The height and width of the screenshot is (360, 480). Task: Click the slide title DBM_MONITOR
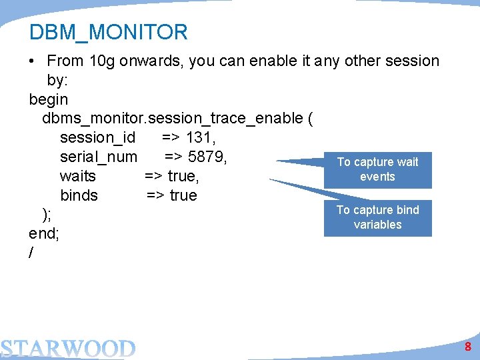109,32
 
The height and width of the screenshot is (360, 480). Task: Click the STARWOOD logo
67,348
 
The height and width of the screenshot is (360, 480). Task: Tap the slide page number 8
468,347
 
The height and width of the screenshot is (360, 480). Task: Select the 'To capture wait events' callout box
377,169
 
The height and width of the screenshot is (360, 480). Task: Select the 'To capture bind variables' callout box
377,217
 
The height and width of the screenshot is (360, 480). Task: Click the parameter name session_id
97,137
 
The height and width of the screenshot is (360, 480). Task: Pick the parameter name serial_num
99,157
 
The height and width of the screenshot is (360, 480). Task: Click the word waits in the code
78,176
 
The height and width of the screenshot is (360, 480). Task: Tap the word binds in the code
79,195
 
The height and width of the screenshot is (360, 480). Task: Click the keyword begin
49,99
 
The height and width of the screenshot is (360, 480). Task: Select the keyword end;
45,233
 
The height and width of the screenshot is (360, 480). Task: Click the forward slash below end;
32,253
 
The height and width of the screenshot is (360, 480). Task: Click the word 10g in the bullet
102,61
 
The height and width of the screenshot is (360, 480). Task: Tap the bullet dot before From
32,61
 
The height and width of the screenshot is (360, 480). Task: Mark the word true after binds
183,195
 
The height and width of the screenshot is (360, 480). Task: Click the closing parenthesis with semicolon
47,215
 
